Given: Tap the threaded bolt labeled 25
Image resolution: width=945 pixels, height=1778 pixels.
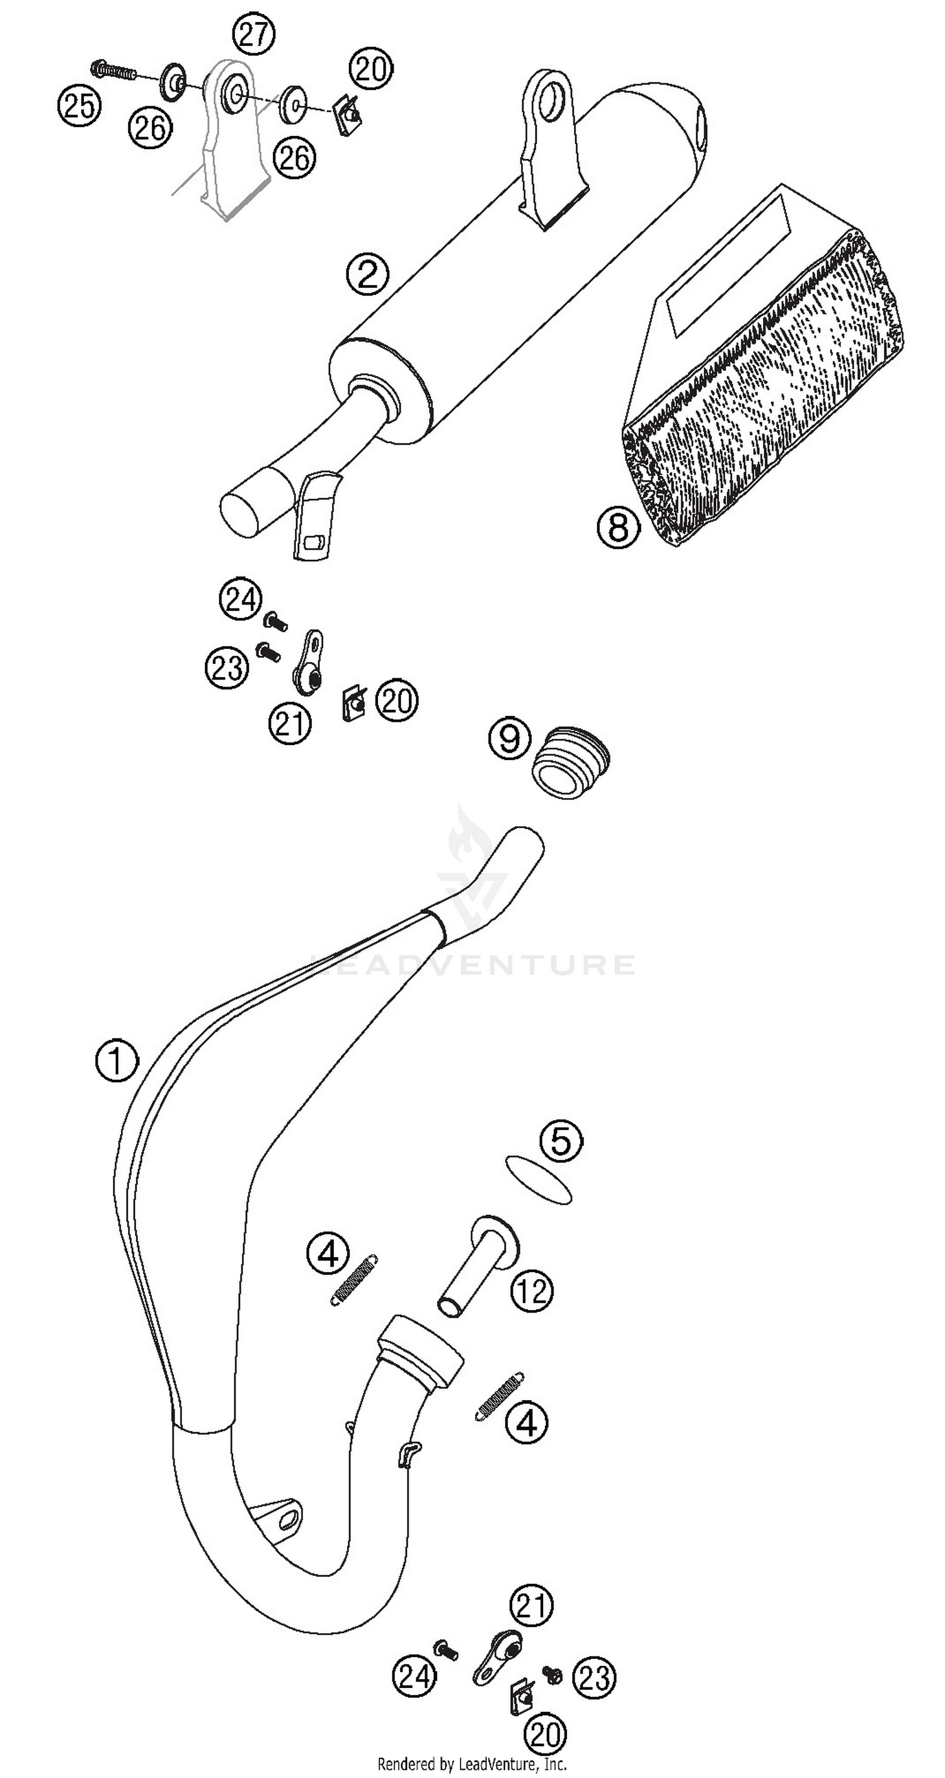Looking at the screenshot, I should (114, 70).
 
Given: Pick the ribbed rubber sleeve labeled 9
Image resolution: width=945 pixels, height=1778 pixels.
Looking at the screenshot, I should (571, 762).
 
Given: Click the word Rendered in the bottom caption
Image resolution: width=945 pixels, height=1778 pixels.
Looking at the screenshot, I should (404, 1765).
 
